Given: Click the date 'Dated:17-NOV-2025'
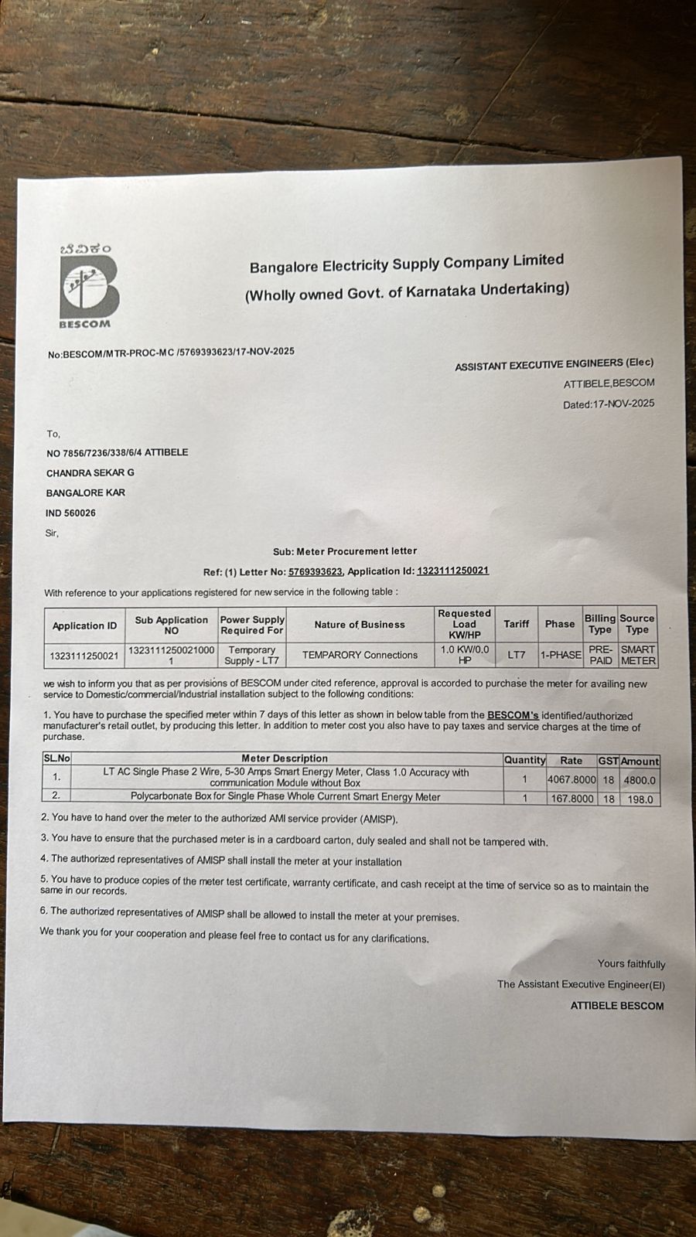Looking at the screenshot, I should point(608,404).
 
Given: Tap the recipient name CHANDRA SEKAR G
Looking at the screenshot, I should point(90,472).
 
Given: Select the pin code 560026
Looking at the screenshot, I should point(80,513).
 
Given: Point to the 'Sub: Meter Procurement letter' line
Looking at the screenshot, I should point(345,551).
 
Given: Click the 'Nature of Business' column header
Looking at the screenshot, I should point(360,625).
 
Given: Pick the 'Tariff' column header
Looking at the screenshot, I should point(516,624).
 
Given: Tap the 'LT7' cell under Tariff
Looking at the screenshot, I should point(516,655).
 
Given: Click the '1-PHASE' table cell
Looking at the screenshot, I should point(560,655).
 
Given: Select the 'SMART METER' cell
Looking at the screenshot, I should point(637,655).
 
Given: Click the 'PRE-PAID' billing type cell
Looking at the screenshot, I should point(600,655).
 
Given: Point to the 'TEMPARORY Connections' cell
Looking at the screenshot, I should point(360,655).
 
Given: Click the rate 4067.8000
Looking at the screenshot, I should point(571,779).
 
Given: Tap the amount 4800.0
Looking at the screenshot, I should point(640,781).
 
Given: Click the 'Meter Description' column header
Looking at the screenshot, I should point(285,758).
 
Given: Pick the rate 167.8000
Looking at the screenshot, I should point(572,799).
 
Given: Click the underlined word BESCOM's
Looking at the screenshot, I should point(513,716).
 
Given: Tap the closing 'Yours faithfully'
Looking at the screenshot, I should point(631,964).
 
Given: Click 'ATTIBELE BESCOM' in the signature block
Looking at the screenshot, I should point(617,1006).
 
